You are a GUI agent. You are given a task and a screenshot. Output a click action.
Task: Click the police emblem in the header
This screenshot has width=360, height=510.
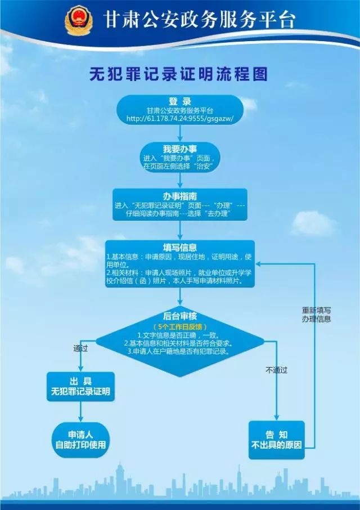(78, 20)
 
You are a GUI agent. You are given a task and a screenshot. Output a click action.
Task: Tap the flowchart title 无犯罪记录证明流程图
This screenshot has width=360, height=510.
(179, 74)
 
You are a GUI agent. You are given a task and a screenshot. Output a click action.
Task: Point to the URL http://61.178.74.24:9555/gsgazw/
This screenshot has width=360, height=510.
(180, 119)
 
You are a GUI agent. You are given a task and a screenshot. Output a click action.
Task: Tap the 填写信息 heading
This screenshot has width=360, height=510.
(180, 247)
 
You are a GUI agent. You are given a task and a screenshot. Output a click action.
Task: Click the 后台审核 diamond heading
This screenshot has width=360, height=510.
(180, 316)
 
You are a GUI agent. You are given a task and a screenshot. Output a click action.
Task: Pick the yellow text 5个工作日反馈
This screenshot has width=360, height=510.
(180, 326)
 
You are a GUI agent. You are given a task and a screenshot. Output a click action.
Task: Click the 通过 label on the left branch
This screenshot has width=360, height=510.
(80, 348)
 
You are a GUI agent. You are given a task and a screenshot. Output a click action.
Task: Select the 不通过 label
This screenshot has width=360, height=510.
(276, 370)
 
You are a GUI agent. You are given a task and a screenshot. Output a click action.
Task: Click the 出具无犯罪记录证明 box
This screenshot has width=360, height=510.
(80, 386)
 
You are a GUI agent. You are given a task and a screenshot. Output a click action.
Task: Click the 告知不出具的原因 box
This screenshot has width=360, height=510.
(276, 439)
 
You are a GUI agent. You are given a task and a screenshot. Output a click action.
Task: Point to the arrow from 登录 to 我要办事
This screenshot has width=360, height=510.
(180, 133)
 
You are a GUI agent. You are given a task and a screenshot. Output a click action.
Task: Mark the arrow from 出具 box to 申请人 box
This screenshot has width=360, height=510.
(80, 412)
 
